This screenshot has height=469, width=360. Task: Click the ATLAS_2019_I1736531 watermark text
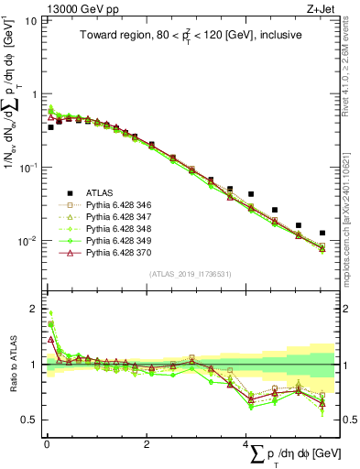point(188,274)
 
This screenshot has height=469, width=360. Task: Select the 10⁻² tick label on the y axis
point(27,241)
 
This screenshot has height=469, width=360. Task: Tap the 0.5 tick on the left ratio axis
point(27,420)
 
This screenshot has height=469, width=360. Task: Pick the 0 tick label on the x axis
point(46,446)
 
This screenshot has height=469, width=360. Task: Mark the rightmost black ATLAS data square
point(322,234)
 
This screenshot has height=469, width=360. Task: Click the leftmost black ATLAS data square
point(50,127)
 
